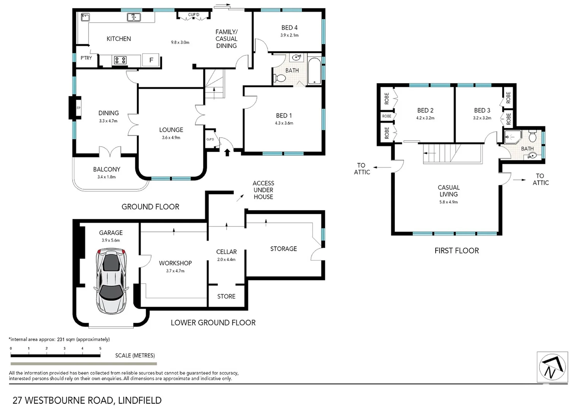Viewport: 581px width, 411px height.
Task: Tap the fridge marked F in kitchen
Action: (x=151, y=60)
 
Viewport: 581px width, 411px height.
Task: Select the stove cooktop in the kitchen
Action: (x=121, y=60)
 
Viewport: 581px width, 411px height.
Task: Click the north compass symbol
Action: (x=552, y=367)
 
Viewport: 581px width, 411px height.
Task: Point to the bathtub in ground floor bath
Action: (x=314, y=71)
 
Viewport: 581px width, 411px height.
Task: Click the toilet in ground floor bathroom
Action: (x=280, y=78)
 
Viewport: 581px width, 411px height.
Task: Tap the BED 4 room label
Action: (x=289, y=28)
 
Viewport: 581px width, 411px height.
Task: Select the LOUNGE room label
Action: (x=171, y=130)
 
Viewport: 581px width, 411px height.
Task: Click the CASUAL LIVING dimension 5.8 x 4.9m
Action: (x=449, y=202)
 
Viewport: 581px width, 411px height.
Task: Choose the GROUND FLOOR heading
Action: (x=150, y=207)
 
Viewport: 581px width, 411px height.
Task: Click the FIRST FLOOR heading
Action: (x=457, y=250)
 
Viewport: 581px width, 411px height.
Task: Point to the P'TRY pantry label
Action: (x=86, y=58)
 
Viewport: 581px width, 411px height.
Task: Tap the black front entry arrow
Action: (x=227, y=153)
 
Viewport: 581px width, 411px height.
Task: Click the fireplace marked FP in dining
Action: (x=78, y=108)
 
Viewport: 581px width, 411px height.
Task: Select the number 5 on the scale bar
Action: (x=100, y=348)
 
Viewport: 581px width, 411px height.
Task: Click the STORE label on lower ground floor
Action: (x=226, y=296)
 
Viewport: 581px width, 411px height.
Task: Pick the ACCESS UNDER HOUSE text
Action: (x=263, y=190)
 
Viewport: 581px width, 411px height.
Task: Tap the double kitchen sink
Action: (x=133, y=17)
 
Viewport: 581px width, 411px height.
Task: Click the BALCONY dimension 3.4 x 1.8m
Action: (x=106, y=177)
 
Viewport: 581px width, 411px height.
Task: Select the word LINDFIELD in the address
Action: (x=140, y=400)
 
